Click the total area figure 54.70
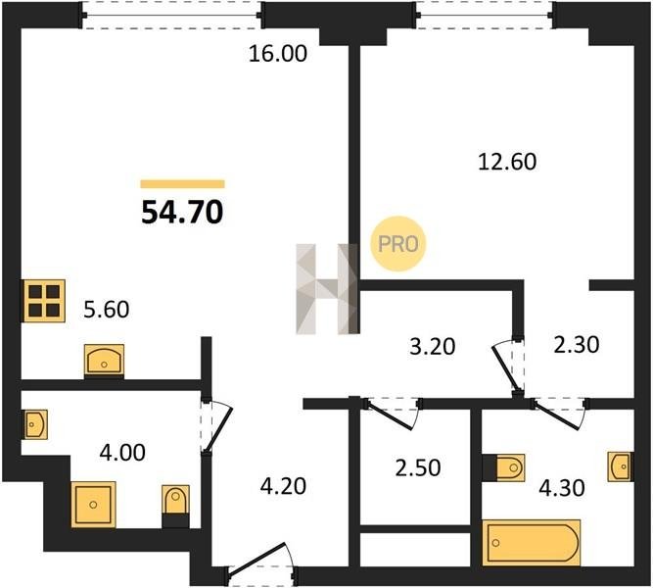point(182,213)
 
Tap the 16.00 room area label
point(278,54)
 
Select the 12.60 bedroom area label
point(507,162)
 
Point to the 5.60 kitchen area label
point(106,310)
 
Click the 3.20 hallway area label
point(433,346)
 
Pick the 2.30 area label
point(577,345)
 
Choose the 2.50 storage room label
point(418,467)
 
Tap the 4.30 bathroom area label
point(562,487)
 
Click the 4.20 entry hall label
point(283,486)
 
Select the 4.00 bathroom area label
point(122,453)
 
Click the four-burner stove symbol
point(44,301)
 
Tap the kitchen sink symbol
point(104,361)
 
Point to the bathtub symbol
point(532,543)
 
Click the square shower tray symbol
point(93,505)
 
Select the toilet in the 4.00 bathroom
point(175,505)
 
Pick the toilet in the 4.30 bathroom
point(504,467)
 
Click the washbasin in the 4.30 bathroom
point(621,466)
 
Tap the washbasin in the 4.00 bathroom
point(35,424)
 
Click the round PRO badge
point(398,244)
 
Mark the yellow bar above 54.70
point(182,184)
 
